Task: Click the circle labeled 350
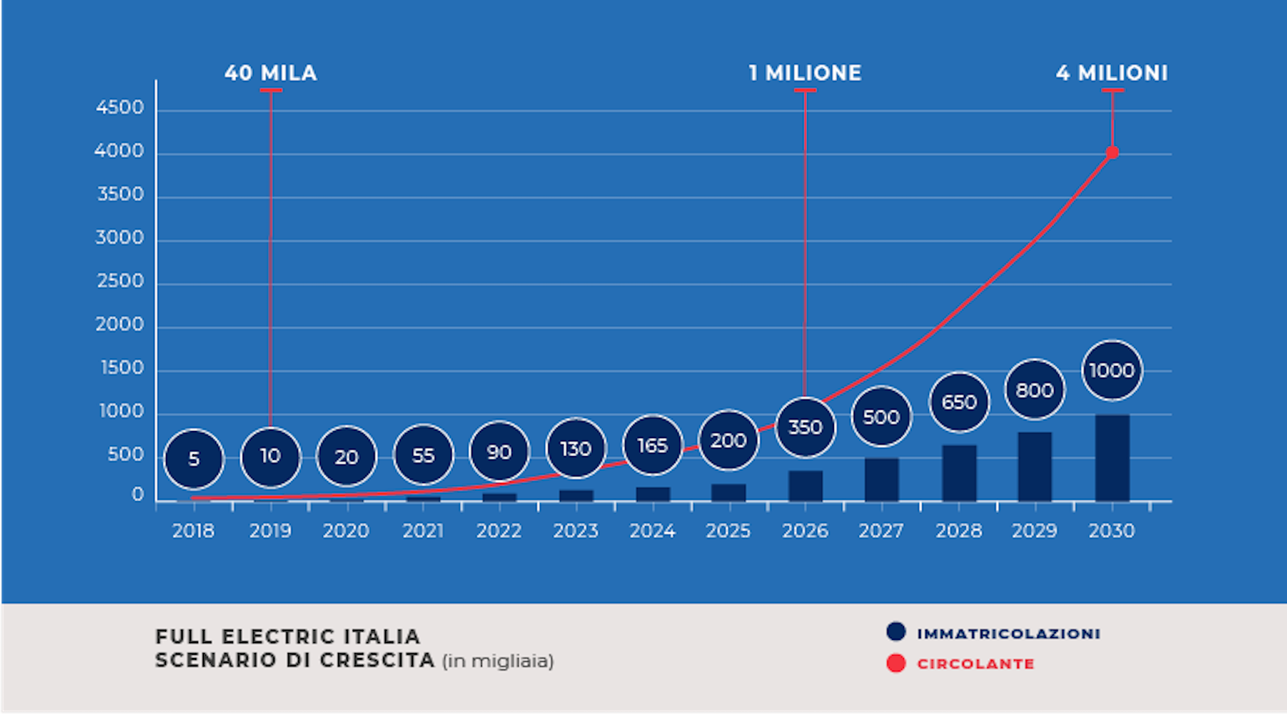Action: pos(805,427)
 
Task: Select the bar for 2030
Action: pos(1112,458)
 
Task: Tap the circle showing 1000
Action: pos(1112,371)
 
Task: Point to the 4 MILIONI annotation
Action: pos(1111,73)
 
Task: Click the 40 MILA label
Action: pos(271,73)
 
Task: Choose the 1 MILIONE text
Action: pos(805,73)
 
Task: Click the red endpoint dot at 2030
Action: pos(1112,152)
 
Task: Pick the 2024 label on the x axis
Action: pos(652,531)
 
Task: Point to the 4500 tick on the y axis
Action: pos(120,107)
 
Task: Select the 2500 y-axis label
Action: pos(120,281)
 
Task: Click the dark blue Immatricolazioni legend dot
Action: pos(896,632)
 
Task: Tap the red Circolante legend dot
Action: pos(896,663)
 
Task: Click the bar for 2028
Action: pos(959,473)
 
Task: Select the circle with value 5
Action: pos(194,459)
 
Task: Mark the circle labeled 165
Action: pos(653,445)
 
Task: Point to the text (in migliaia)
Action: pos(497,661)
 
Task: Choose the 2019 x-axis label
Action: pos(270,531)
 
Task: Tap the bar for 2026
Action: pos(805,486)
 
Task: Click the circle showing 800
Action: pos(1035,390)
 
